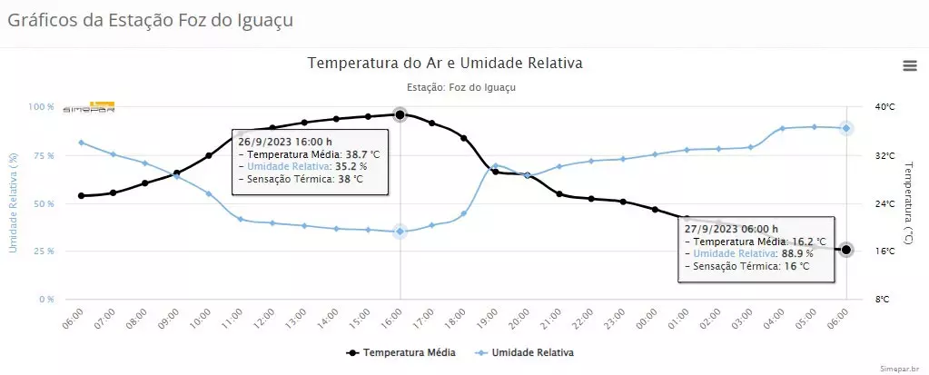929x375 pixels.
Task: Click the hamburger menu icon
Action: point(909,64)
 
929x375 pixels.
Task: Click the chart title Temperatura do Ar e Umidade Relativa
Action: point(445,63)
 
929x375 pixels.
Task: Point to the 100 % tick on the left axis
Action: point(41,107)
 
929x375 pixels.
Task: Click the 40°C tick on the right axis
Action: point(884,107)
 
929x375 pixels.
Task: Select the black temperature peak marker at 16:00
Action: point(400,114)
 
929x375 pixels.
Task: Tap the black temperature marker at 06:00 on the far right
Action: point(846,250)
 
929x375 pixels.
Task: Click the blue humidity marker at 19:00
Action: point(495,165)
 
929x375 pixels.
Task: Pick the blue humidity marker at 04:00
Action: point(782,128)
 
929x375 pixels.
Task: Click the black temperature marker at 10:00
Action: point(209,155)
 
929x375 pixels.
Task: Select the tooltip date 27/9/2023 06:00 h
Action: point(731,229)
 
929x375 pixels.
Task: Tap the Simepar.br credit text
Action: point(901,369)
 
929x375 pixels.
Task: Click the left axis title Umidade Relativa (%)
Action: point(14,202)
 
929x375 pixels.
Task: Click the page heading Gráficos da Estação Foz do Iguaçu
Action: point(151,19)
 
